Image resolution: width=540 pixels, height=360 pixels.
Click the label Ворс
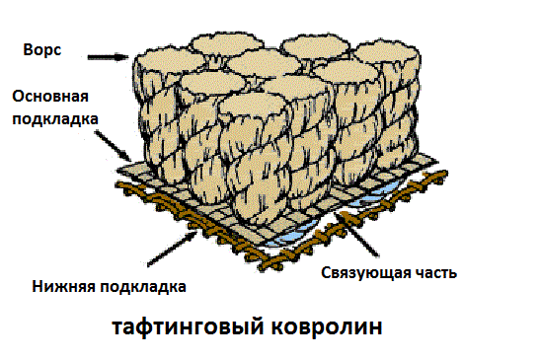click(42, 49)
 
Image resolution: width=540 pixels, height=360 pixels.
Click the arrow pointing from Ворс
click(106, 58)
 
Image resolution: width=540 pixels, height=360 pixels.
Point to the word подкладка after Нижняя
click(144, 287)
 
